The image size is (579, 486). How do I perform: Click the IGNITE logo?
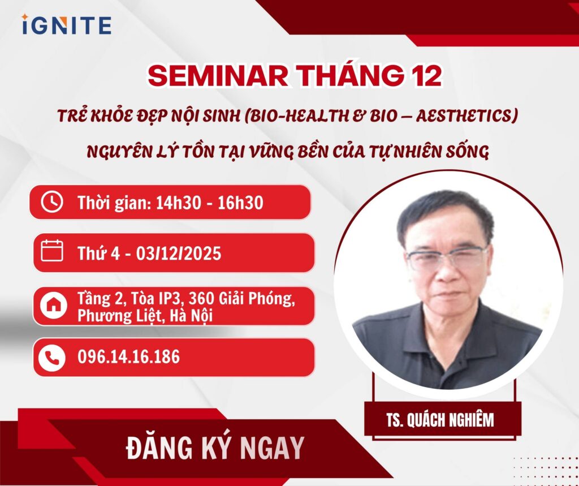[67, 25]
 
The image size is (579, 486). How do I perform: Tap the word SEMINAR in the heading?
[218, 76]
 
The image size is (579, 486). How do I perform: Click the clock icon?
[52, 202]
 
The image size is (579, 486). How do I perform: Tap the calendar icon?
[52, 251]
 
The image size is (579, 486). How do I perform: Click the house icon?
[54, 305]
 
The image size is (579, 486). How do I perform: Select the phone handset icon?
[51, 358]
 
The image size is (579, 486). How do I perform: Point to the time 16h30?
[240, 203]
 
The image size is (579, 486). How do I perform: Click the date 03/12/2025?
[179, 253]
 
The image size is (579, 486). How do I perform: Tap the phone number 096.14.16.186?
[128, 356]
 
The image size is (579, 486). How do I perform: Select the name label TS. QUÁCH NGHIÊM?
[440, 420]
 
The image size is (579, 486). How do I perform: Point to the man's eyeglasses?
[447, 258]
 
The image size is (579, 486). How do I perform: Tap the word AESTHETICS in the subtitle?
[466, 116]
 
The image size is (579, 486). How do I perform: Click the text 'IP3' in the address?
[171, 299]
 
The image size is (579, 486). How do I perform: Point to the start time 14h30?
[179, 203]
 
